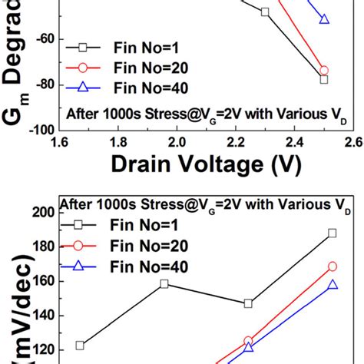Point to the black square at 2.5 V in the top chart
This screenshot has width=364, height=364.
pos(324,79)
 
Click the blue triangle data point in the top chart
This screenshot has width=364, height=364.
pos(324,18)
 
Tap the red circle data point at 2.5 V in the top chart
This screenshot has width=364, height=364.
pos(324,70)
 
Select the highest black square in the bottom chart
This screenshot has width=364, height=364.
pos(332,233)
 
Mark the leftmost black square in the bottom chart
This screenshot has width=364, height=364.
pos(80,345)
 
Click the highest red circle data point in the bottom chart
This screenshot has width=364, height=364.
pos(332,266)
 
